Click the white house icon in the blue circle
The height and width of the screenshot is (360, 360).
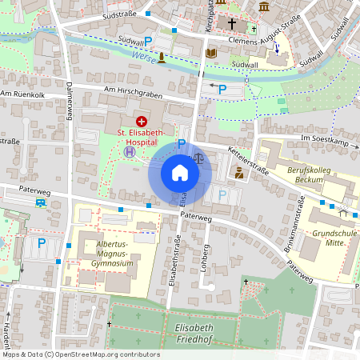(180, 173)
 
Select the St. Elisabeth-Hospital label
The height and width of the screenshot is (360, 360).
(141, 136)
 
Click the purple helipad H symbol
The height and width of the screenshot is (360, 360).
(129, 150)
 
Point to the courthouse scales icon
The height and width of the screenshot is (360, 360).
(198, 158)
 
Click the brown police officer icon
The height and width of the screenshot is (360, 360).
(238, 171)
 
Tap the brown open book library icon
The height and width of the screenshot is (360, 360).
(211, 54)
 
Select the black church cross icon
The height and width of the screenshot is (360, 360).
(234, 25)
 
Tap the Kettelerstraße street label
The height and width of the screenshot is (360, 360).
(248, 154)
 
